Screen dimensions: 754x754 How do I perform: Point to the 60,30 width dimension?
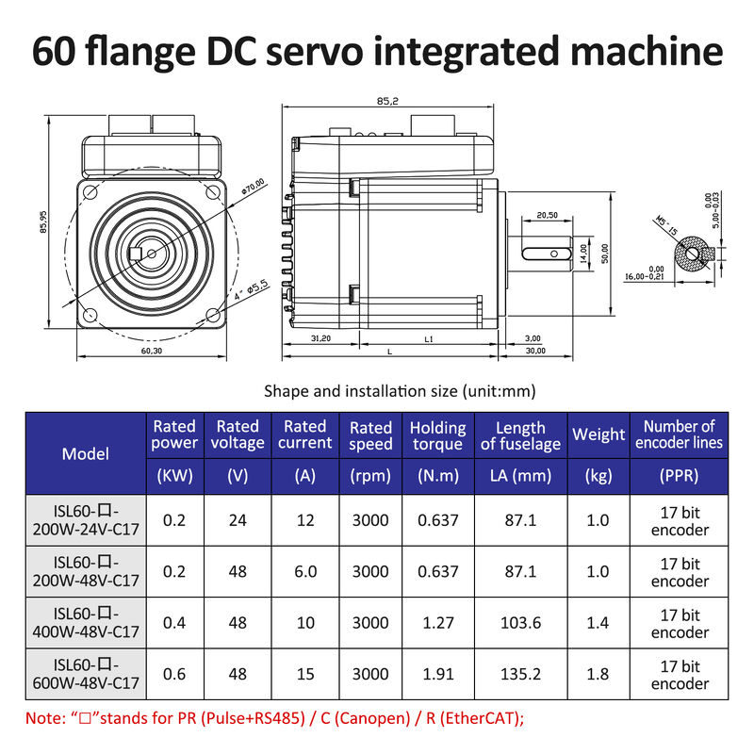(151, 351)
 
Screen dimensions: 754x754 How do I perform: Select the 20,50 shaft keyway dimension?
(548, 216)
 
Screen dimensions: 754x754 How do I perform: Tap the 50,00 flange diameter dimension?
(605, 254)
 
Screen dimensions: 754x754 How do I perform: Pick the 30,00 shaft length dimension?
(534, 351)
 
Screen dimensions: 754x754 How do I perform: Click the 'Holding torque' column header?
(437, 435)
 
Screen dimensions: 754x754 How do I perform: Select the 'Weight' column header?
(598, 434)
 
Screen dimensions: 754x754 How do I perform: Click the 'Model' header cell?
(86, 453)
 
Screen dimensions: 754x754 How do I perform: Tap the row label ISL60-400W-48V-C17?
(86, 623)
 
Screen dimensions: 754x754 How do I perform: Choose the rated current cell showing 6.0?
(304, 571)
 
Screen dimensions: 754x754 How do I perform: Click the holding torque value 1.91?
(437, 674)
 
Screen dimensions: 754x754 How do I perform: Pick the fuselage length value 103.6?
(520, 623)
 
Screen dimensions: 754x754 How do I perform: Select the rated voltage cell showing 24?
(238, 519)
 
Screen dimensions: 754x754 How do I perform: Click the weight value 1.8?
(598, 674)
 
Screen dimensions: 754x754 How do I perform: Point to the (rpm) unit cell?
(370, 476)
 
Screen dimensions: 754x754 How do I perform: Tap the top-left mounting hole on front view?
(90, 193)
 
